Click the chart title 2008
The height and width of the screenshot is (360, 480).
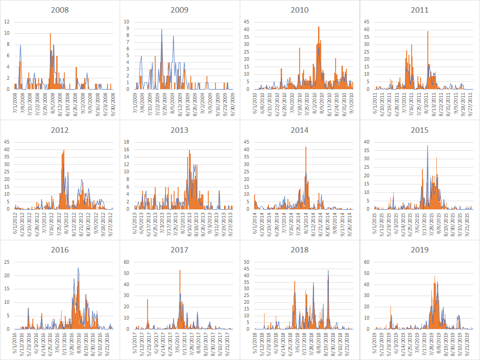pyautogui.click(x=60, y=10)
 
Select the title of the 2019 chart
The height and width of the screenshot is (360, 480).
pyautogui.click(x=419, y=250)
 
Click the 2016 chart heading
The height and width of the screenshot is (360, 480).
pyautogui.click(x=60, y=250)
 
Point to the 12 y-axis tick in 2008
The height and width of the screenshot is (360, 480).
pyautogui.click(x=7, y=22)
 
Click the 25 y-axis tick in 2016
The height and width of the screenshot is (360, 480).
pyautogui.click(x=6, y=262)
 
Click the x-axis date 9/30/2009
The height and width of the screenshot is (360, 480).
pyautogui.click(x=233, y=103)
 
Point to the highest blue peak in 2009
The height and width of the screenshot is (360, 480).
pyautogui.click(x=162, y=30)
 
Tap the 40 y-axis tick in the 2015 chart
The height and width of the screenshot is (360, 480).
pyautogui.click(x=366, y=142)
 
